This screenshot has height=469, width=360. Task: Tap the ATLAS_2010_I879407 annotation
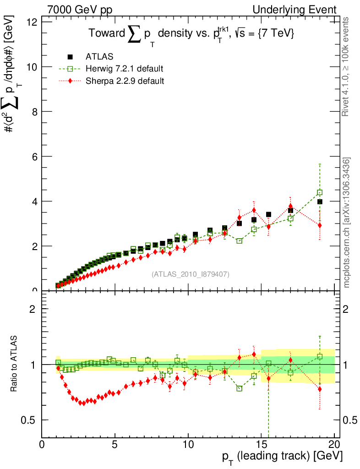[191, 274]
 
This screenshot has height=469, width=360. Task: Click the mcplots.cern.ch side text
[347, 223]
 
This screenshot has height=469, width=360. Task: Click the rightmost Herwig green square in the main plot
[320, 192]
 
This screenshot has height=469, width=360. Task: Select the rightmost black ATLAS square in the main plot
[320, 202]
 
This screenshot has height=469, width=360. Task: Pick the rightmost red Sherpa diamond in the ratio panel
[320, 389]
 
